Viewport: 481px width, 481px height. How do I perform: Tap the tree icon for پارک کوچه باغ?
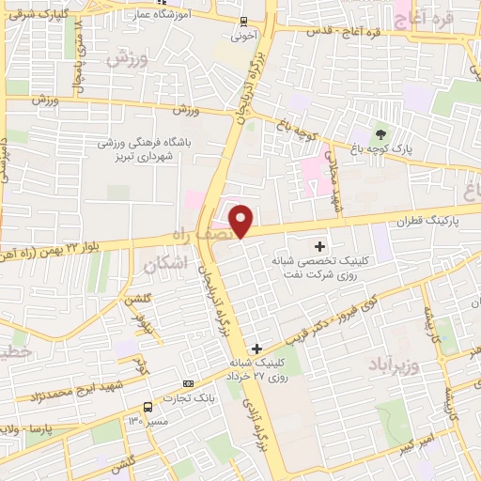click(x=380, y=132)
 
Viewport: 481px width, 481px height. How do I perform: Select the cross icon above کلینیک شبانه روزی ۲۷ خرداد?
click(x=256, y=349)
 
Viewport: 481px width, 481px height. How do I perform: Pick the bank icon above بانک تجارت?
click(x=189, y=383)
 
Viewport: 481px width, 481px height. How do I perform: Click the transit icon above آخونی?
click(x=244, y=23)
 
